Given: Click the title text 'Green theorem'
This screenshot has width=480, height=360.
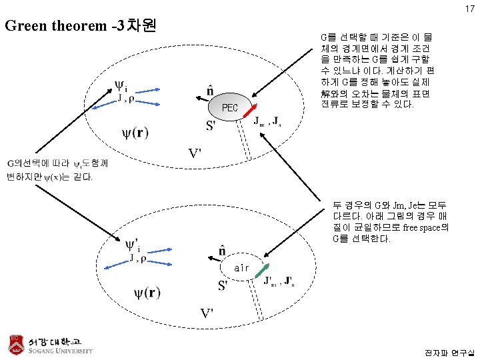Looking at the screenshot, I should tap(56, 27).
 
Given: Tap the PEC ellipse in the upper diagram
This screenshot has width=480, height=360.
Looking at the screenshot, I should tap(230, 107).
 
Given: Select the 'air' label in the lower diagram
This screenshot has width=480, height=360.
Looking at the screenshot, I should tap(241, 268).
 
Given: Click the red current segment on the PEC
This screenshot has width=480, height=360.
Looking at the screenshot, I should tap(251, 111).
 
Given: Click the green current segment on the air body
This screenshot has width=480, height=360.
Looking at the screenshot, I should tap(262, 270).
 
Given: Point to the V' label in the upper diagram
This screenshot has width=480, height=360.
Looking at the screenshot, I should tap(193, 154).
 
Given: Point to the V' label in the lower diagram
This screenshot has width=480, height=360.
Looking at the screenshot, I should tap(209, 313).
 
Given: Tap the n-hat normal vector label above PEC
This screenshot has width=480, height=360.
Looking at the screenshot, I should tap(210, 91).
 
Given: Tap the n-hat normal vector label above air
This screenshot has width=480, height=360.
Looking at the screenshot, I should tap(223, 251).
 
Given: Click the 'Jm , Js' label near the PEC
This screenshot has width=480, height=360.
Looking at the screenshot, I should tap(270, 121).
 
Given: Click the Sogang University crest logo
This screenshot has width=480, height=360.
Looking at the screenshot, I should tap(17, 343).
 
